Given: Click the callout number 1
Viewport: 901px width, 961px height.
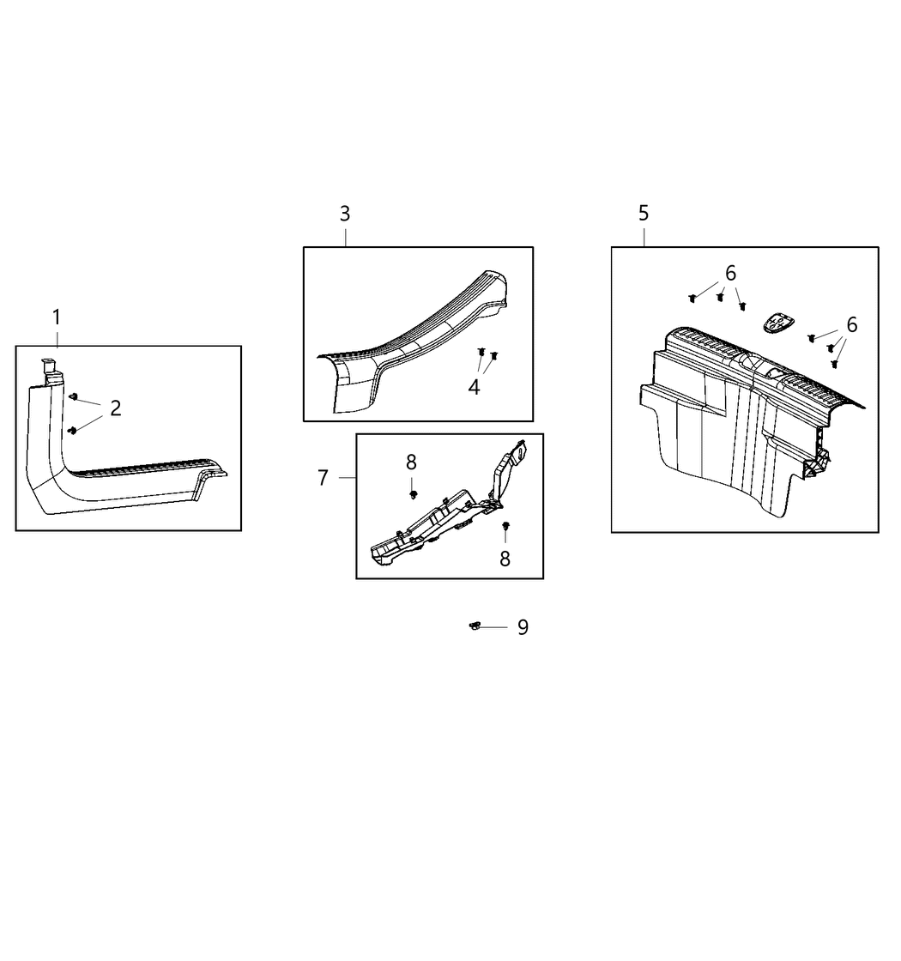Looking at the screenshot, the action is tap(57, 317).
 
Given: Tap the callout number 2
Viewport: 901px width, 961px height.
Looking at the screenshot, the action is tap(116, 408).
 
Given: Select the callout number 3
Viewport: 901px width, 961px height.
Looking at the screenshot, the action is tap(345, 214).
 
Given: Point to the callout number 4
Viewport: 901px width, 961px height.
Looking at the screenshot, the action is tap(474, 387).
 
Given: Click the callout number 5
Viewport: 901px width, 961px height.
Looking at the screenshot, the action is tap(644, 214).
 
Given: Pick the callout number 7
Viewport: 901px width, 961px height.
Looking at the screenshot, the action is tap(323, 478).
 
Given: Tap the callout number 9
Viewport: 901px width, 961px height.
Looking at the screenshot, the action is tap(523, 627).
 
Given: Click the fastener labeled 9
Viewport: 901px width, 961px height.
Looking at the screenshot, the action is tap(475, 626).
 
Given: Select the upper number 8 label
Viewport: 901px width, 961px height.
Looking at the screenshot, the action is tap(411, 462).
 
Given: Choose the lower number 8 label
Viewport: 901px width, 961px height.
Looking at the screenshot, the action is tap(505, 559).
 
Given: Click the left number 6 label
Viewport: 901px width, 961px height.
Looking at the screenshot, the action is tap(730, 274).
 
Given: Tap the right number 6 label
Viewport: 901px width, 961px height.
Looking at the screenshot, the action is tap(852, 325).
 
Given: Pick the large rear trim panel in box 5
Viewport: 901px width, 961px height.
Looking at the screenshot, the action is tap(735, 429).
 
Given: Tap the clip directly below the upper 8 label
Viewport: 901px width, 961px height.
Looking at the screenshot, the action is tap(413, 494).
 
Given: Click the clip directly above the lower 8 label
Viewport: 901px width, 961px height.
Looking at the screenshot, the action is tap(505, 526).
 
